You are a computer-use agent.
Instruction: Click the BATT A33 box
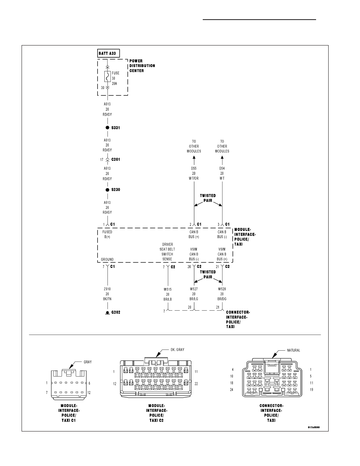click(x=108, y=53)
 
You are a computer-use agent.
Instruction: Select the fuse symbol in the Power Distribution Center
click(x=107, y=76)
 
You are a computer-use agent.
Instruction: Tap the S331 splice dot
click(x=107, y=127)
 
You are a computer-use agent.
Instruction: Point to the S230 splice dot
click(x=107, y=189)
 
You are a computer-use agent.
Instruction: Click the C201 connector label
click(x=116, y=160)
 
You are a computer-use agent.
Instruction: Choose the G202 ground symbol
click(x=107, y=313)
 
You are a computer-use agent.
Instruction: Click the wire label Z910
click(x=107, y=289)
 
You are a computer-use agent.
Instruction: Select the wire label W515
click(x=167, y=289)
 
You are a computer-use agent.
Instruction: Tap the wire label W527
click(x=194, y=289)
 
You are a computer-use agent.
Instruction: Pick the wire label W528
click(x=222, y=289)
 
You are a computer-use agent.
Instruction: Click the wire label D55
click(x=194, y=169)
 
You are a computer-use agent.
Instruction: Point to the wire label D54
click(x=222, y=169)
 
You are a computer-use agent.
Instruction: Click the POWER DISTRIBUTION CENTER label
click(x=142, y=66)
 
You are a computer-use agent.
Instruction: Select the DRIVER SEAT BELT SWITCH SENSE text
click(x=167, y=252)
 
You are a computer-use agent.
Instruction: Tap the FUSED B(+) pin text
click(x=107, y=235)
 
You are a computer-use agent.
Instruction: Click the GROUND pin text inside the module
click(x=107, y=259)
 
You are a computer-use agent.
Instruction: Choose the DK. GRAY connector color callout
click(x=177, y=350)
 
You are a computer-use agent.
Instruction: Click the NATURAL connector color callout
click(x=293, y=350)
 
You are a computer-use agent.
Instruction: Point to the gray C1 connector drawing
click(x=69, y=383)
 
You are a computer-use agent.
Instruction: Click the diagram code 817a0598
click(x=314, y=428)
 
